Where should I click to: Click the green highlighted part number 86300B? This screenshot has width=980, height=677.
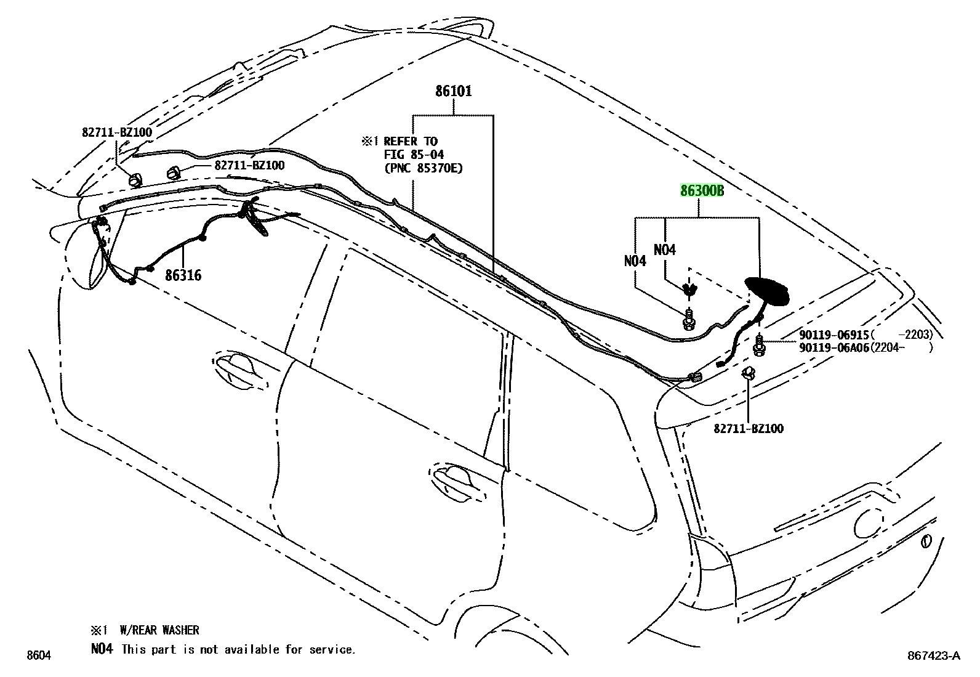702,191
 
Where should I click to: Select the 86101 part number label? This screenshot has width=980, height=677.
453,91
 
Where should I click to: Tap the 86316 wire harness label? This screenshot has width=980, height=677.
183,275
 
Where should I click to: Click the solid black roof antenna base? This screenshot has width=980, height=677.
767,291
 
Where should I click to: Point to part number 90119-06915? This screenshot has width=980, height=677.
834,335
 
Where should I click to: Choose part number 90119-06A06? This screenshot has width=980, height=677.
834,347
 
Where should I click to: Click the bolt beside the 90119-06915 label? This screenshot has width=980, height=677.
759,344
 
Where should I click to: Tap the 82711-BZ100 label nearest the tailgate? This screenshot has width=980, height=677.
749,428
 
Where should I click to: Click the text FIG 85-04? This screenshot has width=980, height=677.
414,155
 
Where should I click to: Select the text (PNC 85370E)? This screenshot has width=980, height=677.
423,168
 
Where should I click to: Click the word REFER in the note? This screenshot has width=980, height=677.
400,142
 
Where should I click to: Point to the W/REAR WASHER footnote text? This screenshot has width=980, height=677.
159,630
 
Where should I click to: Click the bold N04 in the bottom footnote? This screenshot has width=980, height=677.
102,649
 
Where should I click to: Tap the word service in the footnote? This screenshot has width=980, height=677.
332,649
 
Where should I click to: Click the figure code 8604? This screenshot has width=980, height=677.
39,655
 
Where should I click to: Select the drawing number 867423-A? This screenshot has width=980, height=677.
934,655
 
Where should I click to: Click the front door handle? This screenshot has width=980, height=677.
239,370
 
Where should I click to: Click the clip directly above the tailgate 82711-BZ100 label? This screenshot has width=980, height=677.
748,373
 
